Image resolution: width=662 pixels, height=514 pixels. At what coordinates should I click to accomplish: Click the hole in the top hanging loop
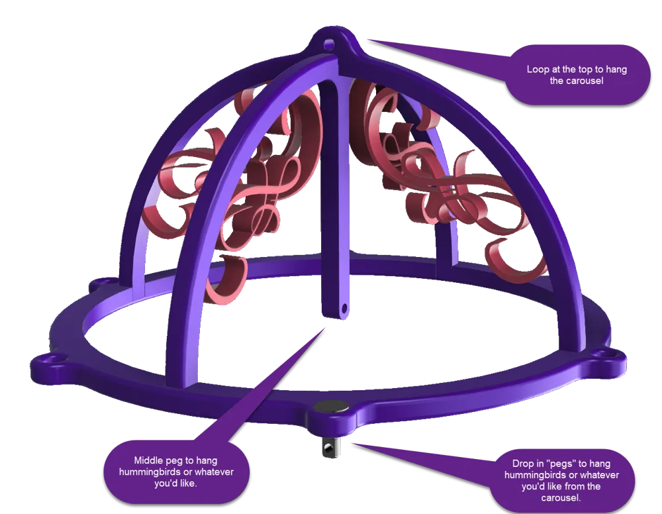[329, 44]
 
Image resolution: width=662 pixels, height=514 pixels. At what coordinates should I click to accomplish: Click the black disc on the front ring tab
[332, 407]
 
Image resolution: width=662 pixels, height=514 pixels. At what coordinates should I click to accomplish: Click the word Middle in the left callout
[148, 460]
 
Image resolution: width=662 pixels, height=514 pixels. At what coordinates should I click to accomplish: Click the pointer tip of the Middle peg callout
[325, 327]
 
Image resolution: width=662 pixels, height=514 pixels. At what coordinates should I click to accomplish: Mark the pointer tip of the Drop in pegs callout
[353, 444]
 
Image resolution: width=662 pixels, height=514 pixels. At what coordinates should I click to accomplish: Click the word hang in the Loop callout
[616, 70]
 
